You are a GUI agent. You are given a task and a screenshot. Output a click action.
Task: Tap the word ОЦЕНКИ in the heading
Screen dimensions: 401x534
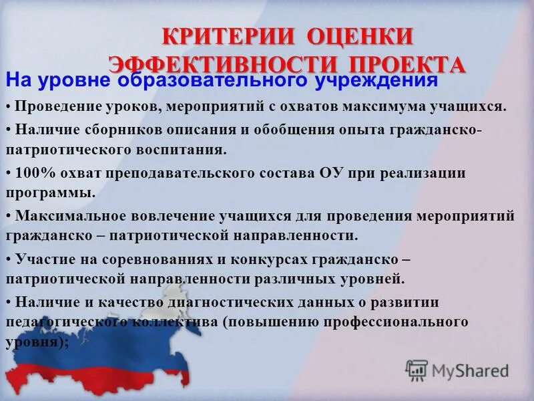point(360,36)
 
